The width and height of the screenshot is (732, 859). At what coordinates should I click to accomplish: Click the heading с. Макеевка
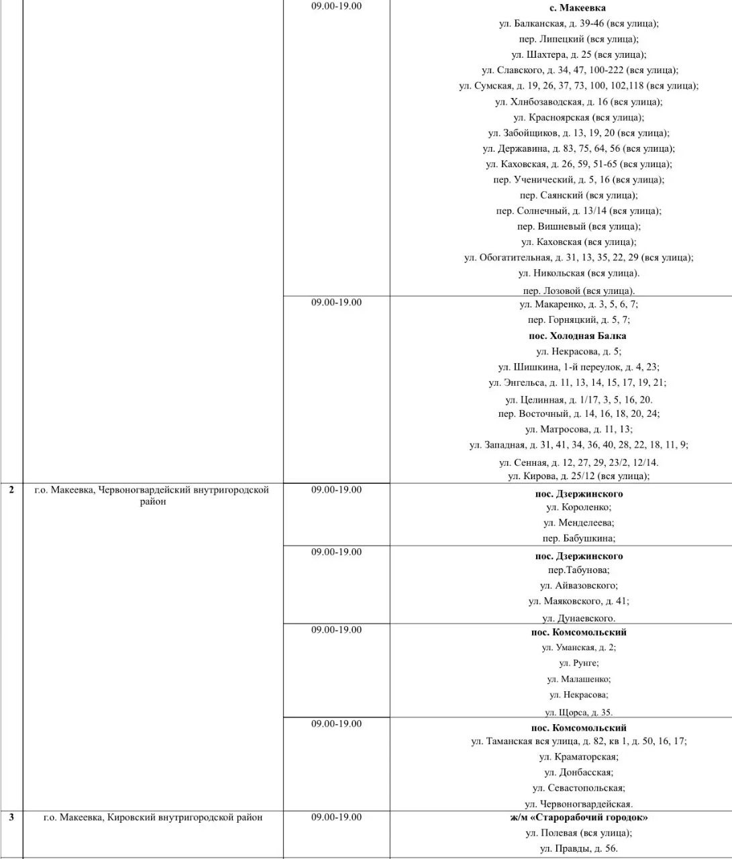point(578,8)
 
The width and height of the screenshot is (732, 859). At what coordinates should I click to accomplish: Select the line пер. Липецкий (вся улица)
point(578,39)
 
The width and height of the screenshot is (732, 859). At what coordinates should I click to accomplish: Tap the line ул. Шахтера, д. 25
point(578,54)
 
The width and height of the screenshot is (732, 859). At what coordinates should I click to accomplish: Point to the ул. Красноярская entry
point(578,117)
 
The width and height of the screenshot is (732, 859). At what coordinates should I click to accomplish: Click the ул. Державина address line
point(578,148)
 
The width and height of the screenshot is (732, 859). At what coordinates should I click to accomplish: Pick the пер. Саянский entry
point(578,195)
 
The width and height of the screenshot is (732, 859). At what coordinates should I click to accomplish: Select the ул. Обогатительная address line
point(578,258)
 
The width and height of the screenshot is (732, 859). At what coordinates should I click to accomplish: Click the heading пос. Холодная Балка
point(578,336)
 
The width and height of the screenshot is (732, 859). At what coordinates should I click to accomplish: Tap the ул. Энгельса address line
point(578,383)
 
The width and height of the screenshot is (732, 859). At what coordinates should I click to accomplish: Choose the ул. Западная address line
point(578,445)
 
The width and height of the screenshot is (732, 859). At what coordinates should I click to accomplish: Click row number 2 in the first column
point(11,490)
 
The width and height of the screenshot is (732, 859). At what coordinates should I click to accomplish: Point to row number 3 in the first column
point(11,817)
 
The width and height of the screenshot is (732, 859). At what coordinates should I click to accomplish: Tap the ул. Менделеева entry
point(578,523)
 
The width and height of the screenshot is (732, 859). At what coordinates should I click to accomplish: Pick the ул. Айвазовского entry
point(578,586)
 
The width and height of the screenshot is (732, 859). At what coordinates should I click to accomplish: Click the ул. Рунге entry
point(578,663)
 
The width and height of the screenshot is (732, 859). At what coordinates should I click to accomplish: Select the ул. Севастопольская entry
point(578,788)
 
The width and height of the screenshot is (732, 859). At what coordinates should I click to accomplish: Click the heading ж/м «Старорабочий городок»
point(578,817)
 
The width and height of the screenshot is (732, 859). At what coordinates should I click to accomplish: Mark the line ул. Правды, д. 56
point(578,849)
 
